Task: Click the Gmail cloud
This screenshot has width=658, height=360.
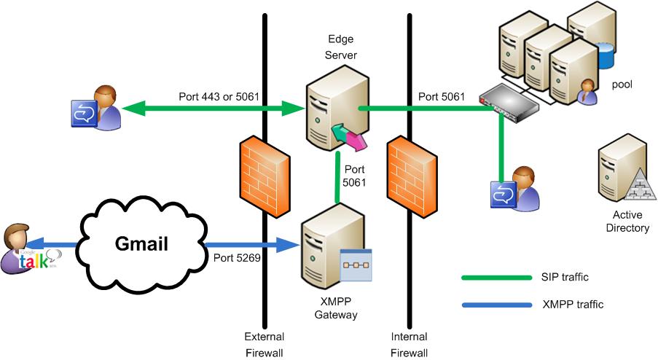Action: tap(141, 243)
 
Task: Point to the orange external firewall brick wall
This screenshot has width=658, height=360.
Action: tap(260, 175)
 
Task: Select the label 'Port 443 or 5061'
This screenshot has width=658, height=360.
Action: tap(219, 96)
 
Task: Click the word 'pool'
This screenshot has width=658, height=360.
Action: tap(622, 85)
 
